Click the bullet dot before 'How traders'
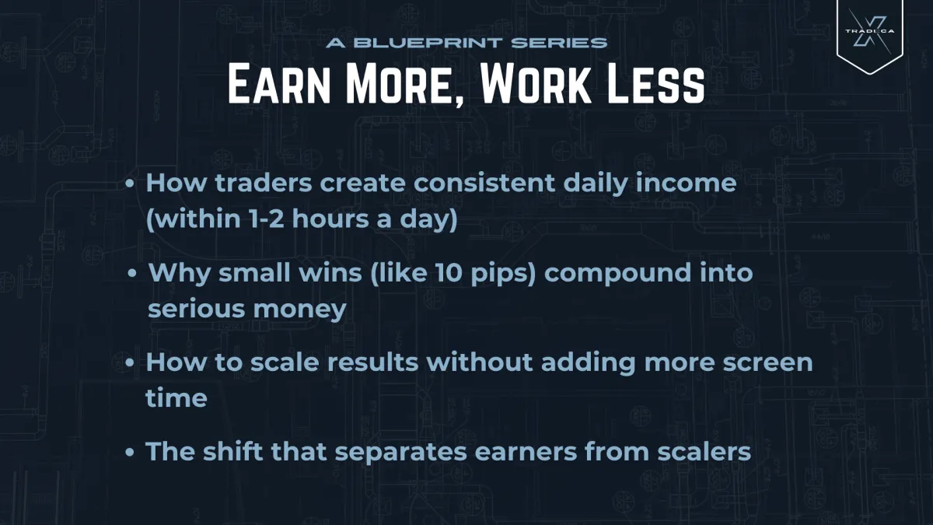(132, 184)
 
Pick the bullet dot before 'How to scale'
(132, 363)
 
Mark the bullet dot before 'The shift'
(132, 452)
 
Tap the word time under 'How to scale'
(176, 398)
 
